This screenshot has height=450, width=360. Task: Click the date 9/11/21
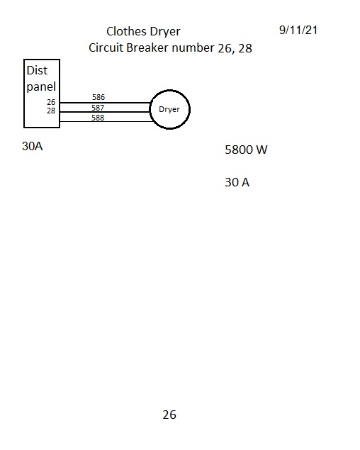click(298, 30)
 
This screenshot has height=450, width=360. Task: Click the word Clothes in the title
click(125, 31)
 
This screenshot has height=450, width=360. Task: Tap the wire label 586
click(99, 97)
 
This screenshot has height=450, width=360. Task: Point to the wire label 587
click(98, 108)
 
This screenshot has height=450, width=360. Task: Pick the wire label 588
click(98, 118)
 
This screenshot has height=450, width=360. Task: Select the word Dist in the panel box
click(37, 70)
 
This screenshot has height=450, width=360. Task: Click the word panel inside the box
click(41, 86)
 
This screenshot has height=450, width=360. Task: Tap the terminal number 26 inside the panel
click(51, 102)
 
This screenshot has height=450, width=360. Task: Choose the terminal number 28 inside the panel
click(51, 111)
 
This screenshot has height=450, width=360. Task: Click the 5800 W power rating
click(246, 150)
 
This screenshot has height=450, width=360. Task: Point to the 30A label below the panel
click(33, 146)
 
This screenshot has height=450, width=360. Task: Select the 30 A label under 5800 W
click(237, 182)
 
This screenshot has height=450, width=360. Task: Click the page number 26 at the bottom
click(169, 415)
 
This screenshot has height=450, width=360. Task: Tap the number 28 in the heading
click(245, 48)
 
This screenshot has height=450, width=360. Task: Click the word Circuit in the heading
click(106, 47)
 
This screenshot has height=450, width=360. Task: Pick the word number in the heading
click(193, 47)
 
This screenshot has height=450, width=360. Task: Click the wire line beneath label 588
click(106, 122)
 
